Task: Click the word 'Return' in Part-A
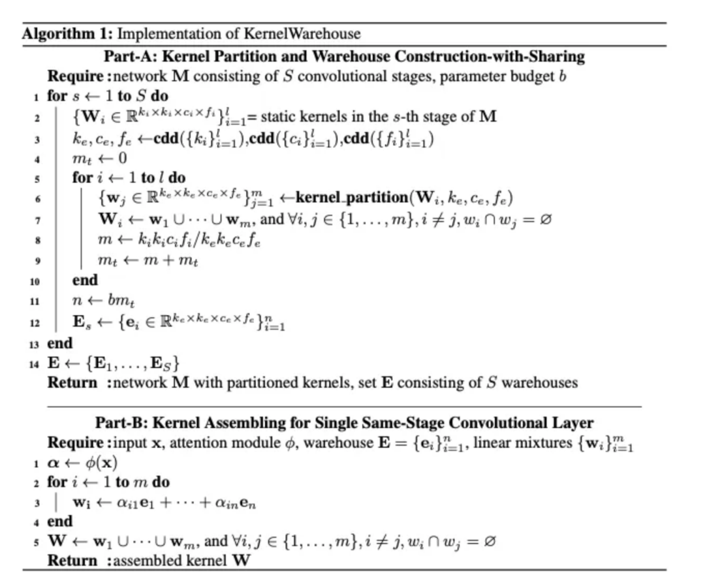click(72, 382)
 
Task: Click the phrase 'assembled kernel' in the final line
click(164, 561)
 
